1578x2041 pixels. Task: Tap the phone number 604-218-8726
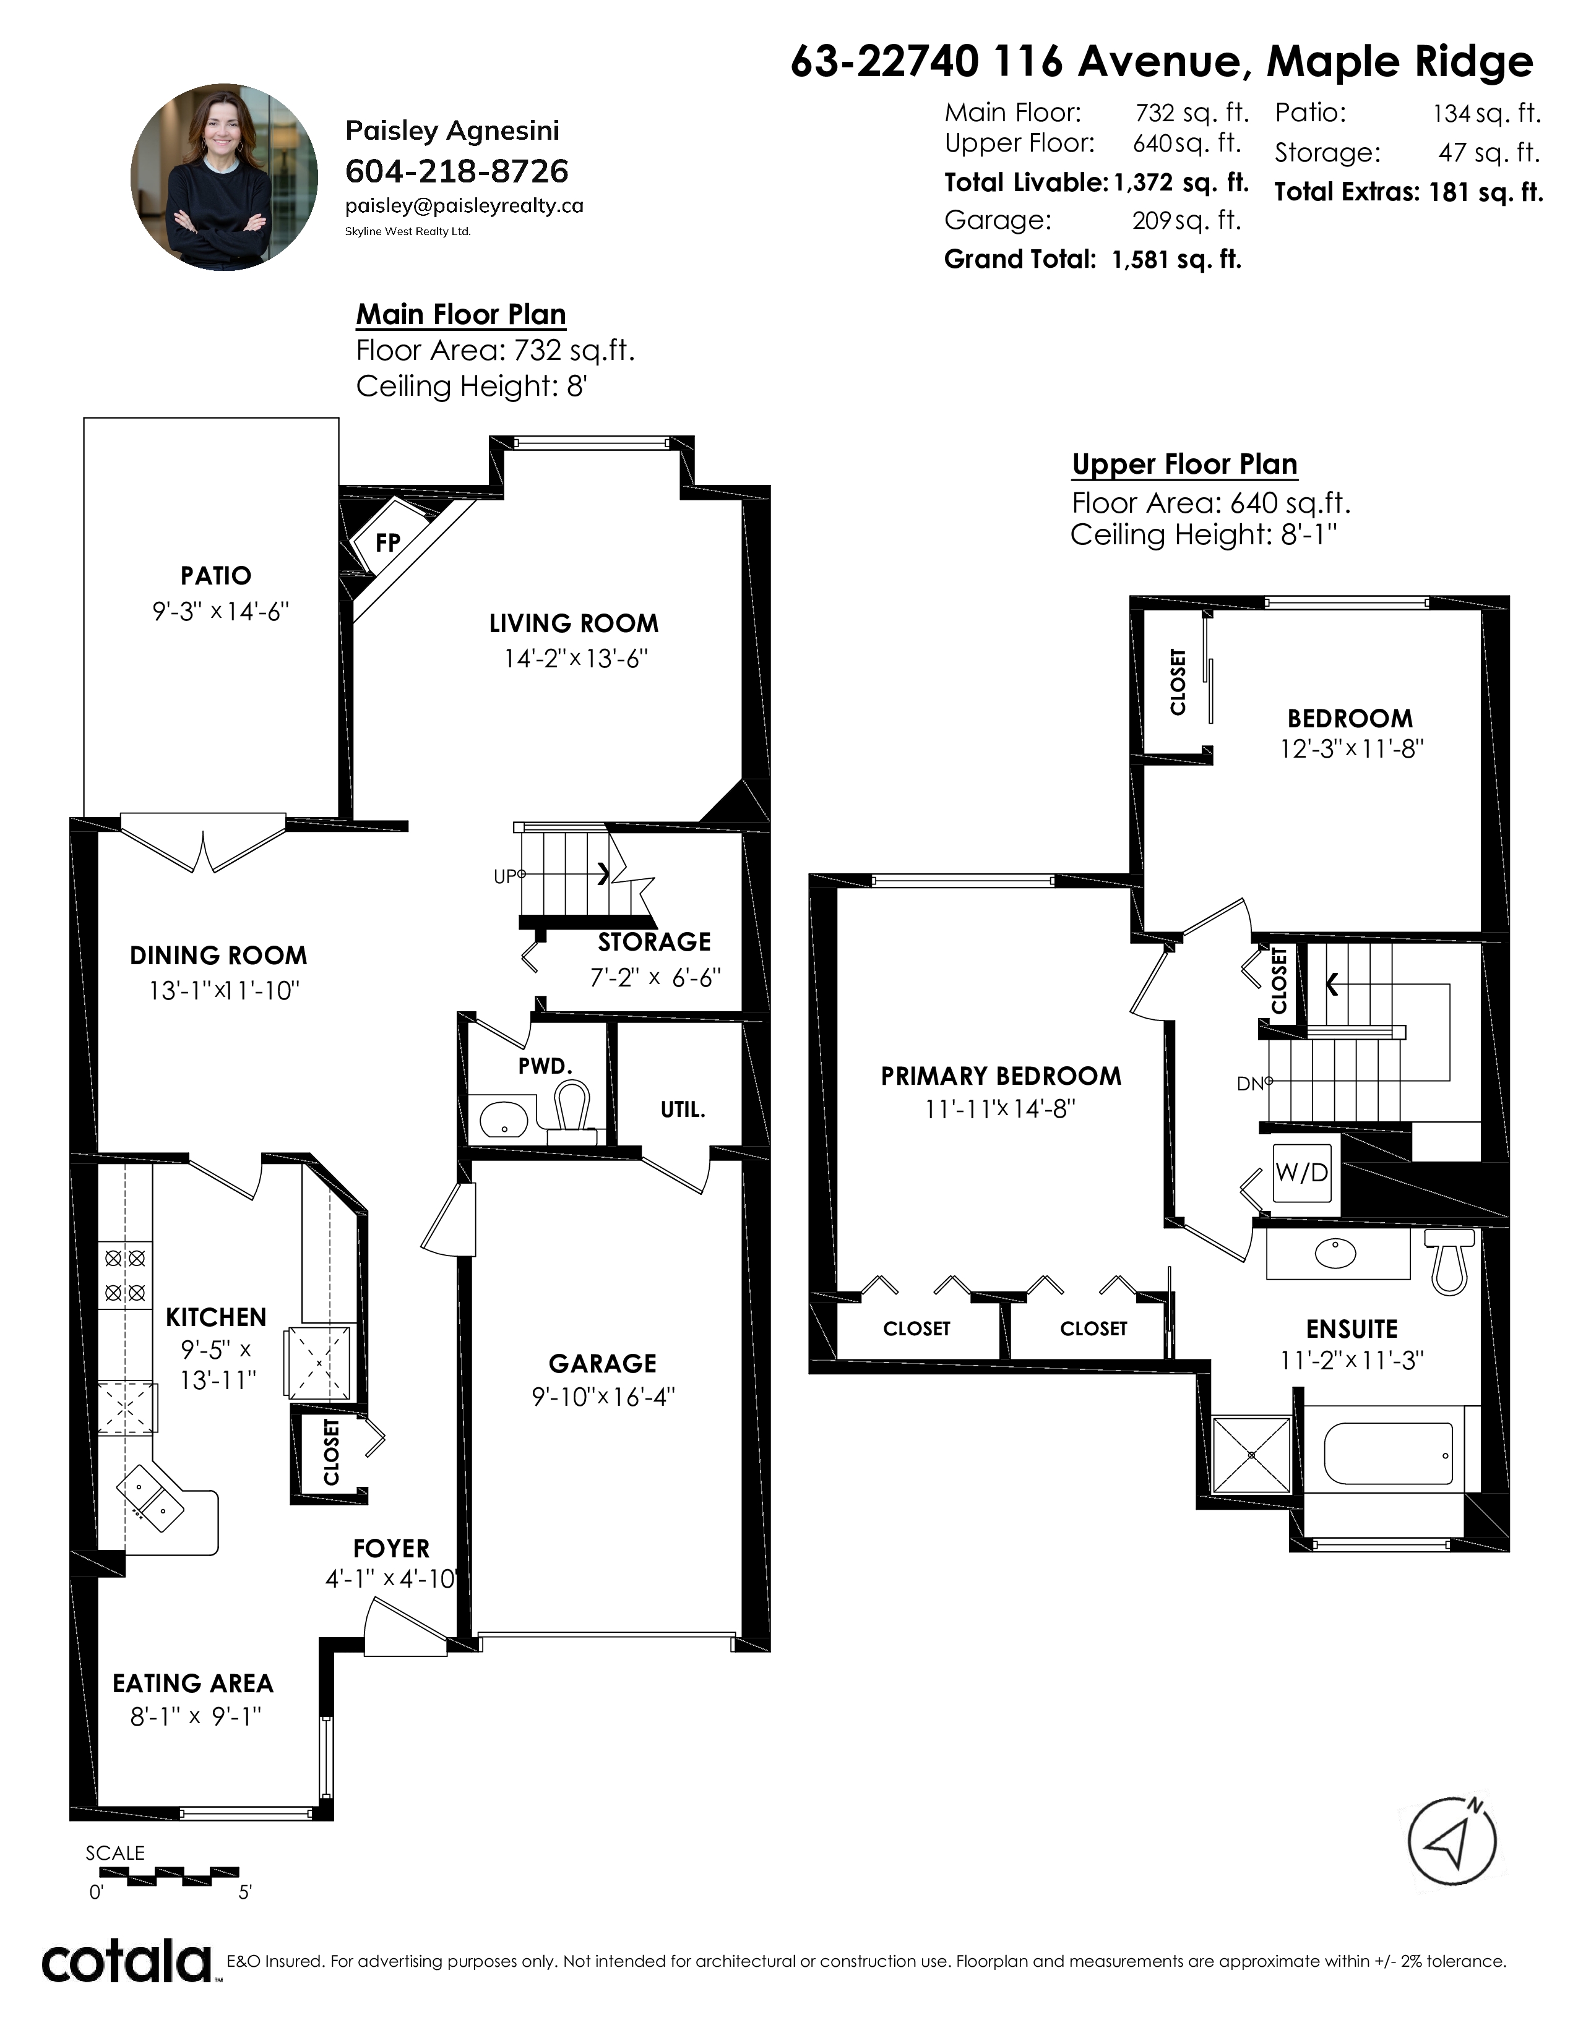point(457,171)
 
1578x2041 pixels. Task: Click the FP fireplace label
point(388,542)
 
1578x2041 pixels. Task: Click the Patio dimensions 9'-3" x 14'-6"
point(222,612)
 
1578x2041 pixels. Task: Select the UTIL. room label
point(683,1110)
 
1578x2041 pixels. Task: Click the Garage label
point(603,1364)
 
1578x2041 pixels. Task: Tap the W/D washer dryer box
point(1301,1172)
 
